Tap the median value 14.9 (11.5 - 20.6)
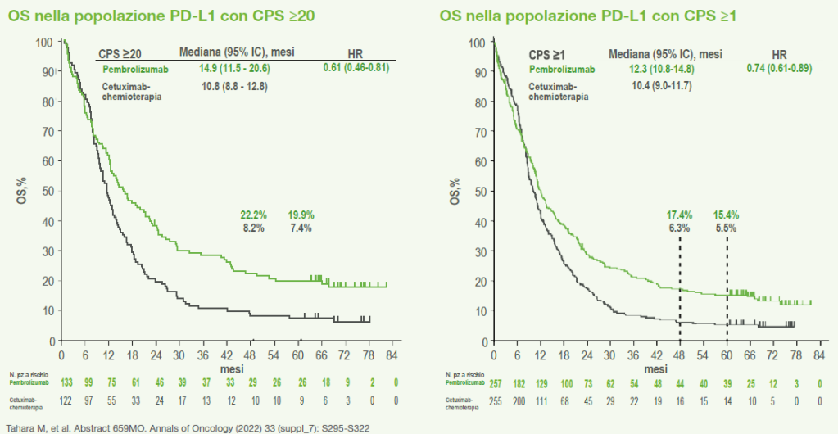click(x=236, y=70)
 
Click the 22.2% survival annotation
click(x=254, y=215)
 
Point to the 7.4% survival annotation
click(x=301, y=228)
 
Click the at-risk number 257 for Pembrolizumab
click(x=495, y=383)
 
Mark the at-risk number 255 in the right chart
click(x=495, y=400)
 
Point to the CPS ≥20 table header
click(x=123, y=53)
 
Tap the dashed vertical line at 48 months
click(x=679, y=278)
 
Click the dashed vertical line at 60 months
click(x=727, y=278)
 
